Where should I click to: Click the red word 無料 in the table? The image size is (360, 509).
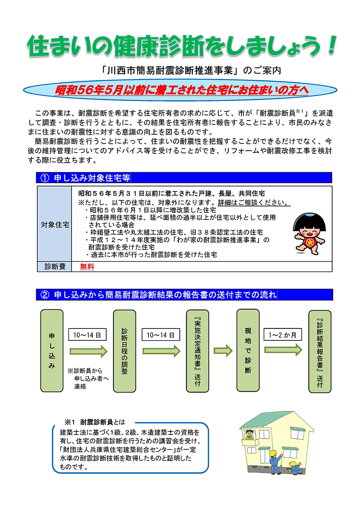[87, 267]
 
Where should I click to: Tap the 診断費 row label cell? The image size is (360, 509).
[54, 267]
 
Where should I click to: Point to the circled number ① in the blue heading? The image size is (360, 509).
[44, 178]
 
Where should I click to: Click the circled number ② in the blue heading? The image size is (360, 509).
[45, 295]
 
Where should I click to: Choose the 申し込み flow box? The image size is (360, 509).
[52, 350]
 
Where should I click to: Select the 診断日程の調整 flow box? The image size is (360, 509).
[125, 351]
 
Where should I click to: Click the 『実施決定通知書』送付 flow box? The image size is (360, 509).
[197, 351]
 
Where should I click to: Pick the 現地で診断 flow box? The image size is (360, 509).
[248, 350]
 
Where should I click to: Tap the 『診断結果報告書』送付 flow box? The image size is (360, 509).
[320, 351]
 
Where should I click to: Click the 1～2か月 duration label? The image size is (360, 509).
[283, 334]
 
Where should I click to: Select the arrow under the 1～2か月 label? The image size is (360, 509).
[283, 350]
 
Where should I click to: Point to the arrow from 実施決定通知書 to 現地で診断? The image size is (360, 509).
[223, 350]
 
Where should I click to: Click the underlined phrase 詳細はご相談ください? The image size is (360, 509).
[254, 203]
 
